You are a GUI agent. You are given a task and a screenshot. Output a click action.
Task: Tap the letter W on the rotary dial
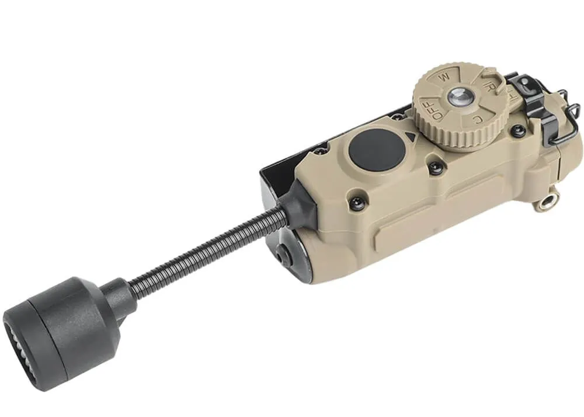click(x=446, y=77)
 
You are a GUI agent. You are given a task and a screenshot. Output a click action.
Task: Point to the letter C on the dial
click(x=478, y=120)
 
